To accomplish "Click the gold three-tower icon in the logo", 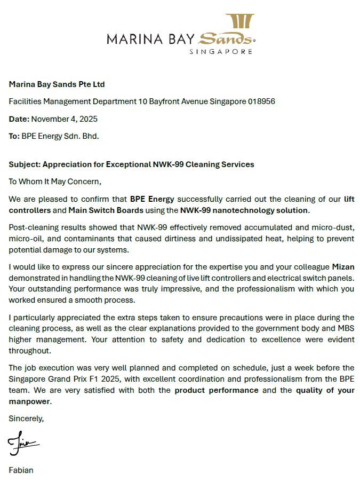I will click(239, 21).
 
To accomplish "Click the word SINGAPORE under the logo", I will click(221, 52).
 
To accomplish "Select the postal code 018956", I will click(261, 101).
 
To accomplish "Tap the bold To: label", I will click(14, 136).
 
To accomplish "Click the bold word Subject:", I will click(25, 164).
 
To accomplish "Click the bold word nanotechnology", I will click(239, 210).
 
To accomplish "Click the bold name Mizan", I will click(343, 267).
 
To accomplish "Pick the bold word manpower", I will click(30, 401).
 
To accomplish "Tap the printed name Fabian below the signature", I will click(21, 470).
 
